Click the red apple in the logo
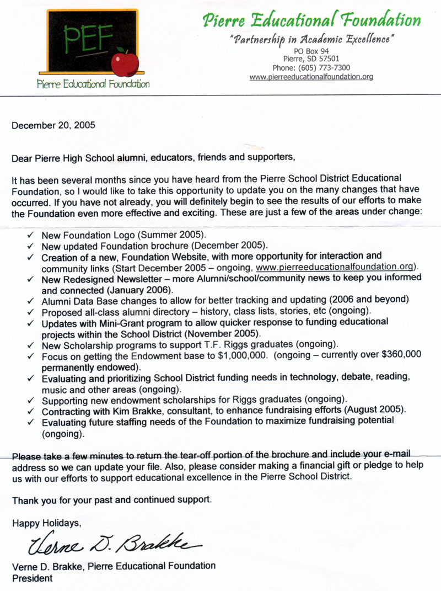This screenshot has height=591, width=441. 125,62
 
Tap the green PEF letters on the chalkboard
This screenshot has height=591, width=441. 88,38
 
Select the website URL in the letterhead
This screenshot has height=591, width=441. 311,77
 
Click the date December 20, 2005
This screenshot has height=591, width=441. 53,125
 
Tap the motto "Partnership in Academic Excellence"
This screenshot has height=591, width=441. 311,40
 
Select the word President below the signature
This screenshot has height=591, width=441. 33,578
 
